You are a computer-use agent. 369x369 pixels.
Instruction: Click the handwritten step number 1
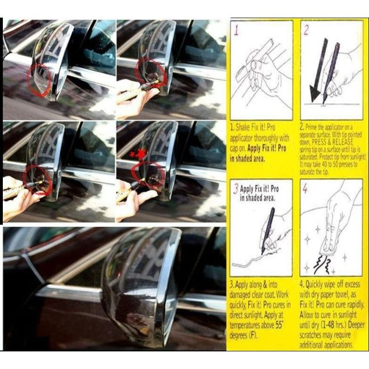coord(237,30)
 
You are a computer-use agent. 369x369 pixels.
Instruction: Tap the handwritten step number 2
coord(307,30)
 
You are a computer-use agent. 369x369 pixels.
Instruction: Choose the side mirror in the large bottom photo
coord(139,284)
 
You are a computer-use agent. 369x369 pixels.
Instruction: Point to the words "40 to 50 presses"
coord(335,165)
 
